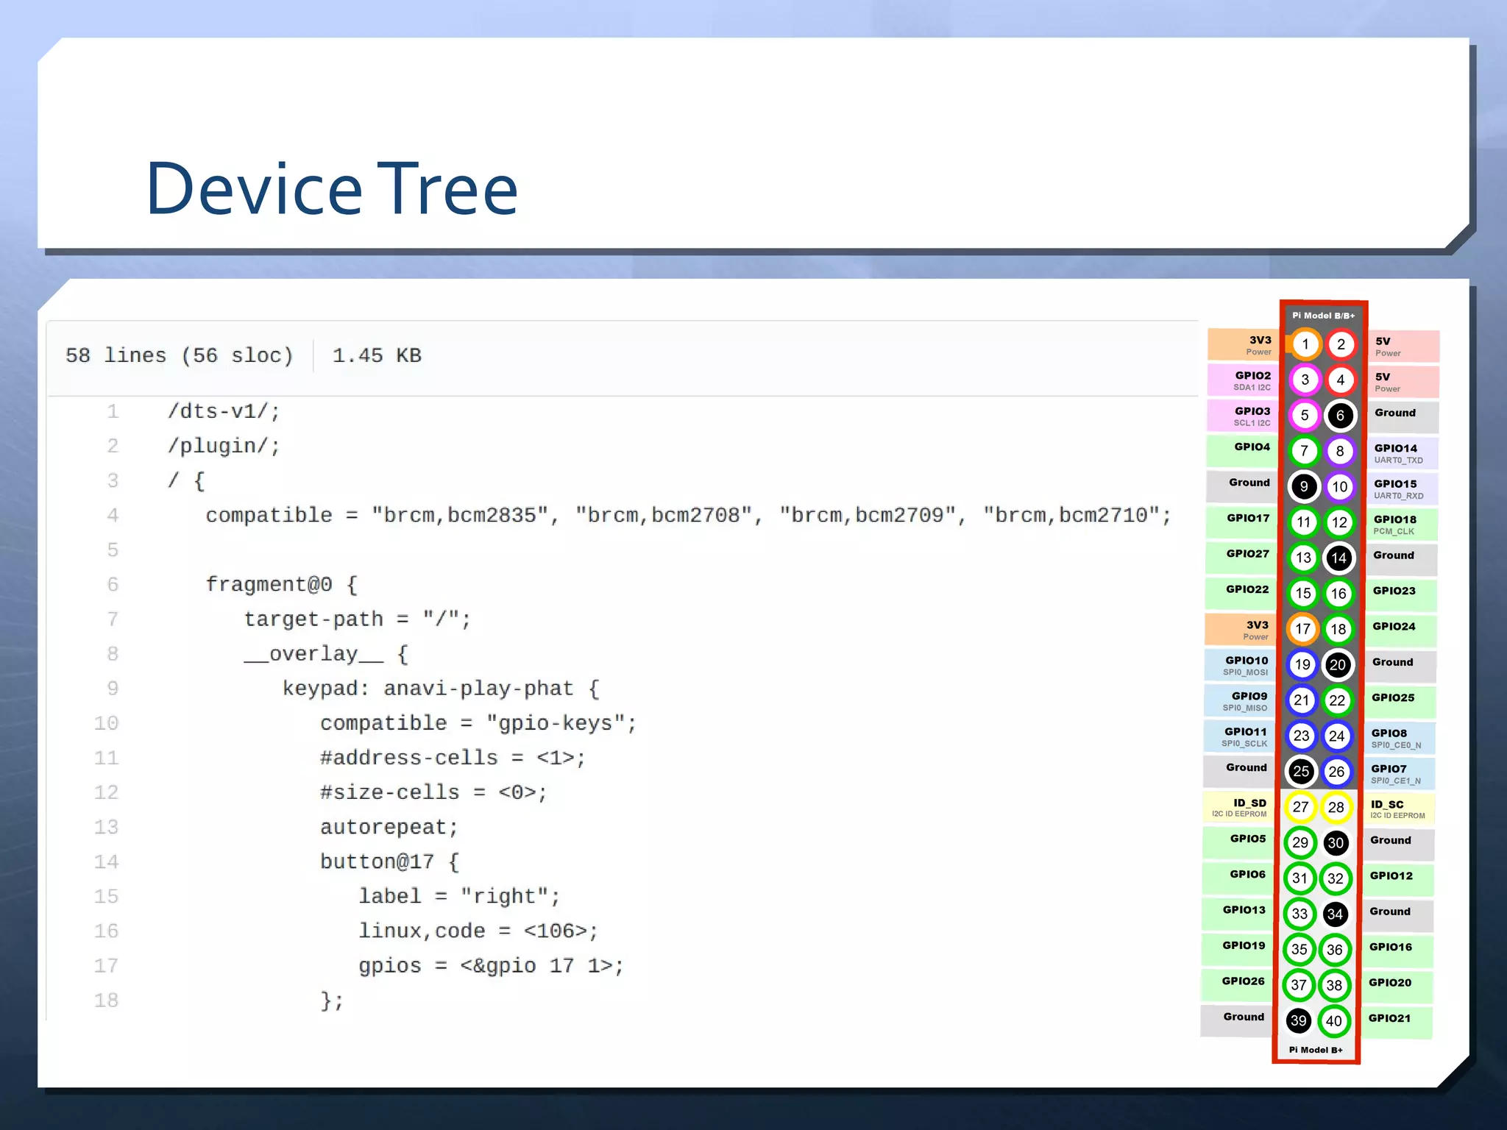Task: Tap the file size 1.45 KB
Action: coord(377,356)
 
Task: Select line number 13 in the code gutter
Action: coord(106,827)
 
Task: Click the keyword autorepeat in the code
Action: coord(389,827)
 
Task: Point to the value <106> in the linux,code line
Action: coord(561,931)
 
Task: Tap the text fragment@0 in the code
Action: coord(269,584)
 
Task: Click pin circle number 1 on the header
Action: coord(1305,344)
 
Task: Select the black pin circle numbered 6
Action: coord(1340,416)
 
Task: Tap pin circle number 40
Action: coord(1334,1020)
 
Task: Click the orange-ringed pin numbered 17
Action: coord(1303,629)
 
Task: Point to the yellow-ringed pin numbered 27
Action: coord(1301,807)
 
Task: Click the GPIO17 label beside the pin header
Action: coord(1247,519)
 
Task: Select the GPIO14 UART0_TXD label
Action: coord(1397,453)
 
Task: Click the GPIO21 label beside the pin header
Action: coord(1389,1018)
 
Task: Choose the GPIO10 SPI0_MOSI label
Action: coord(1246,665)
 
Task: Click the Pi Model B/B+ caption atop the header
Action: coord(1323,316)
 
